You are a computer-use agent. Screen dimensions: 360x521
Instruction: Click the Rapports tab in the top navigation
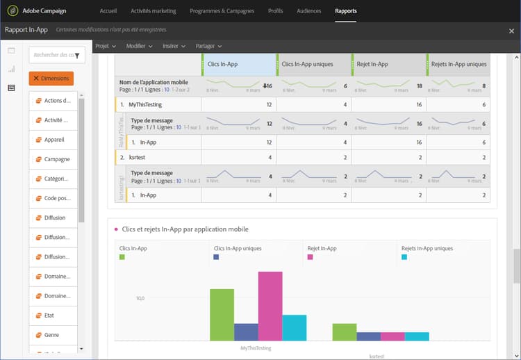(x=345, y=11)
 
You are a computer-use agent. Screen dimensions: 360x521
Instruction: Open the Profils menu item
(x=275, y=11)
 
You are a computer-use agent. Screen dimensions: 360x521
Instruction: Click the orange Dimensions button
(x=51, y=79)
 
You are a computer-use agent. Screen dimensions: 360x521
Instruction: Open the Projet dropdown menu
(x=106, y=46)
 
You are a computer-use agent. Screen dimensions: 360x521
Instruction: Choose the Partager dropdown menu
(x=208, y=46)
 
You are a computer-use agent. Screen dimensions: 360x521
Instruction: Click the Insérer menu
(x=173, y=46)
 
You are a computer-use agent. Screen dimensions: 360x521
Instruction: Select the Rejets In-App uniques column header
(x=458, y=64)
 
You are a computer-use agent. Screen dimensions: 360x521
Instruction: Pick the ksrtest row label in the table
(x=138, y=157)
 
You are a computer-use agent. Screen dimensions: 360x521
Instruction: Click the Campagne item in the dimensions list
(x=57, y=159)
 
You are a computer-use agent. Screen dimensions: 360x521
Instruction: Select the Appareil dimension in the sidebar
(x=54, y=140)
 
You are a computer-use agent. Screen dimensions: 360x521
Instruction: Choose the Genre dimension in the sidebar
(x=53, y=335)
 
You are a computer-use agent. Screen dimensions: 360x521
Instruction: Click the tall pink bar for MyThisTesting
(x=270, y=306)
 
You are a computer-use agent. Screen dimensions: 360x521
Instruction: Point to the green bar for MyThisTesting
(x=222, y=314)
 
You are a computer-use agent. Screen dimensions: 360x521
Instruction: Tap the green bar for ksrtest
(x=344, y=332)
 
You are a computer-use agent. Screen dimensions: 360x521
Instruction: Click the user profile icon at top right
(x=511, y=31)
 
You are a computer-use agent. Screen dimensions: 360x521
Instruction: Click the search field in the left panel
(x=52, y=55)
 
